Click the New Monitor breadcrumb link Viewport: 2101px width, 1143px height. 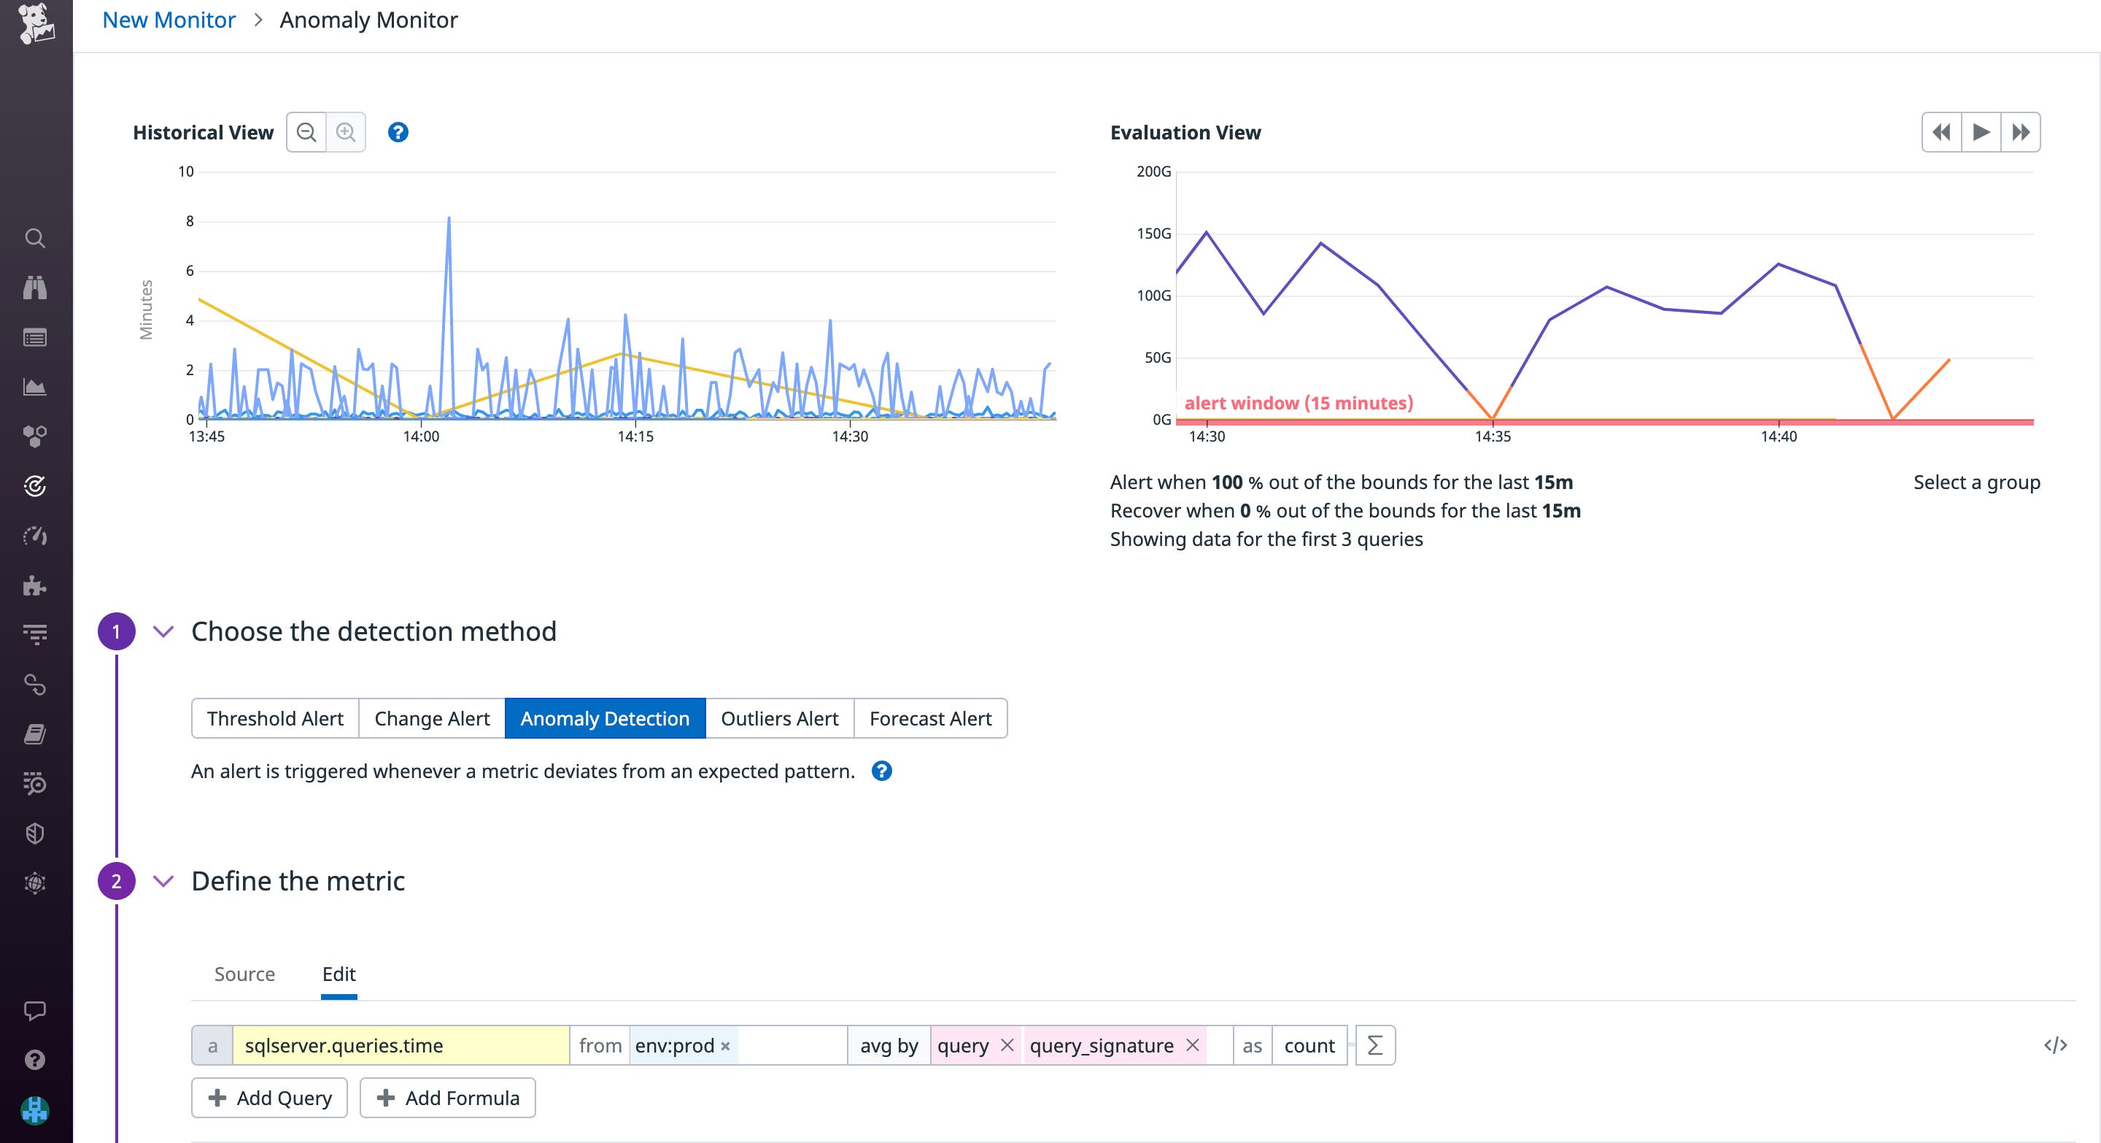(169, 20)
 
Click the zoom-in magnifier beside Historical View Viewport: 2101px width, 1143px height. (346, 132)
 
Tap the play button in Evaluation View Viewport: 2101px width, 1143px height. (1981, 132)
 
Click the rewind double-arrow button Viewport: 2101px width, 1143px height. (1942, 132)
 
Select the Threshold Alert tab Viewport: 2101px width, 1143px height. (275, 719)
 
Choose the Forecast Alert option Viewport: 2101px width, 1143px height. (930, 719)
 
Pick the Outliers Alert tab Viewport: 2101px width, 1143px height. (779, 719)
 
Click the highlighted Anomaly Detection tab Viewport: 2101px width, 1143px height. (604, 719)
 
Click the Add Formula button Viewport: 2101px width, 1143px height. (448, 1098)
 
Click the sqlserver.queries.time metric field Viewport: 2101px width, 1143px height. (400, 1046)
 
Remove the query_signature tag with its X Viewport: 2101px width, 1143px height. (1193, 1045)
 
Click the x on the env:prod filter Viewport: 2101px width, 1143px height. (725, 1047)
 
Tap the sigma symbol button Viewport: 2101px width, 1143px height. (1375, 1046)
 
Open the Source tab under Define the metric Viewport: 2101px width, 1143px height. (244, 974)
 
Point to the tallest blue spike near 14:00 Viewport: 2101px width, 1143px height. (449, 220)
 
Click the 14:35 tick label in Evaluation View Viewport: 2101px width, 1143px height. (1493, 436)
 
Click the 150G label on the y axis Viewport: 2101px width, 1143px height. (1153, 234)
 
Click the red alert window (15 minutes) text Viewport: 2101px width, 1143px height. (1299, 403)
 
